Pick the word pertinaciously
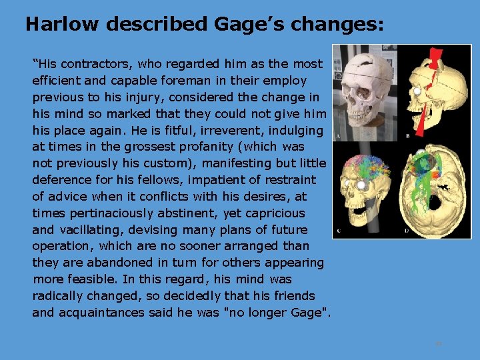tap(114, 213)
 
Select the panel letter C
tap(339, 231)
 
